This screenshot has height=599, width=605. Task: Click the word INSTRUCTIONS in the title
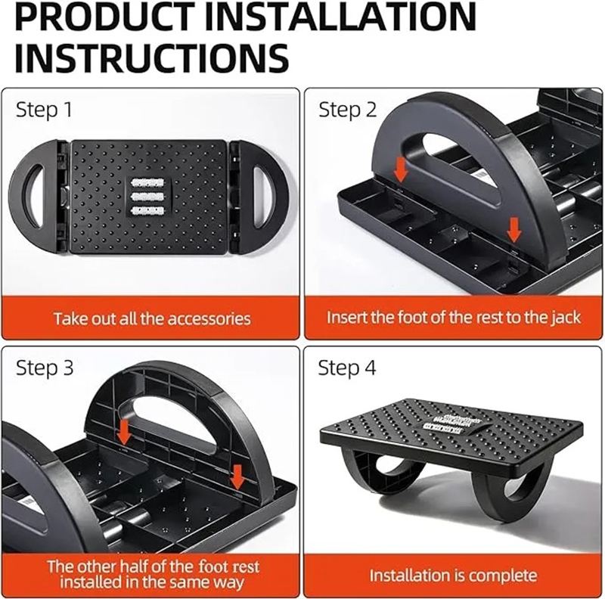(151, 57)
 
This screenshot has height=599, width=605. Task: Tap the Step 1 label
(44, 110)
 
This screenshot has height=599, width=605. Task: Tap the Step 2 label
(347, 110)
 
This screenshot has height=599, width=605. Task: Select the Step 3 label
(45, 368)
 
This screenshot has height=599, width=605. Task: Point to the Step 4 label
(347, 368)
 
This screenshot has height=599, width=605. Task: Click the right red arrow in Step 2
(515, 227)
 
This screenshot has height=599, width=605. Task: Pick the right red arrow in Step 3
(237, 476)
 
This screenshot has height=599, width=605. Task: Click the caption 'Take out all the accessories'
(151, 318)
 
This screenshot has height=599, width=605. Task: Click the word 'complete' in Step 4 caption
(502, 576)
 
